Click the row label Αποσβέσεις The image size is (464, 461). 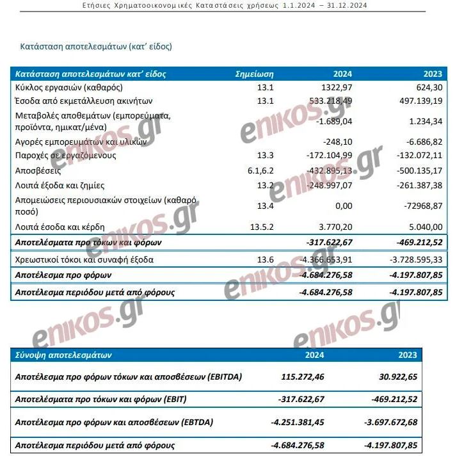click(38, 171)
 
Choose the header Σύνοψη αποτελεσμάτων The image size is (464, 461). click(63, 355)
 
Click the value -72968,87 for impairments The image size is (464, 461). click(420, 205)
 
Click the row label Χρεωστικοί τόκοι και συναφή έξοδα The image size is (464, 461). click(83, 259)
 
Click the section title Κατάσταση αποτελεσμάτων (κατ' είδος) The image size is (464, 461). click(96, 47)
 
